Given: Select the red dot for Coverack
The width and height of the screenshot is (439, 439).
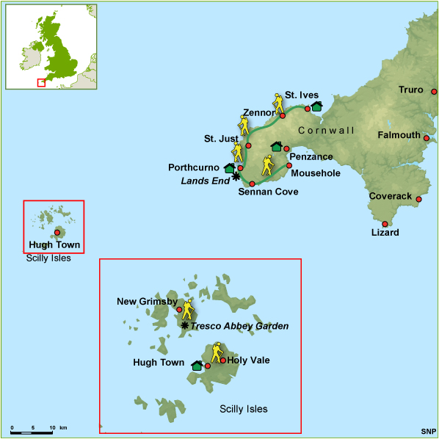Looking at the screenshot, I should pyautogui.click(x=419, y=199).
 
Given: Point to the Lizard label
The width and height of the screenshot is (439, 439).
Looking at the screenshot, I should pyautogui.click(x=385, y=233).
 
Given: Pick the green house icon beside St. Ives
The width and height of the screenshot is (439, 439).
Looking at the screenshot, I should pyautogui.click(x=316, y=107).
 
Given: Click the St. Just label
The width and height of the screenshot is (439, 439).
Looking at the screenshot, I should pyautogui.click(x=219, y=139).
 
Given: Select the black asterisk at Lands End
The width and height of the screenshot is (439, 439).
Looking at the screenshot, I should pyautogui.click(x=236, y=176).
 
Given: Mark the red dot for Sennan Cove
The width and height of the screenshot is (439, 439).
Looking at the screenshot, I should pyautogui.click(x=252, y=184).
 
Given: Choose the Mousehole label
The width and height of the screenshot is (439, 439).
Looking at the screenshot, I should pyautogui.click(x=316, y=173).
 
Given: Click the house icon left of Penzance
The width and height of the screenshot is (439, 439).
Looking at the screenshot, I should pyautogui.click(x=276, y=147).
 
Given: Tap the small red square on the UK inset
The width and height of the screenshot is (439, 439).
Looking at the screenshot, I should pyautogui.click(x=41, y=82).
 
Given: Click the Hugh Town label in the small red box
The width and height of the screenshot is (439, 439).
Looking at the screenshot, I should pyautogui.click(x=54, y=245).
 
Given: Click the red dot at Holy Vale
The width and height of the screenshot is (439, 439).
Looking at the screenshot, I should pyautogui.click(x=222, y=360).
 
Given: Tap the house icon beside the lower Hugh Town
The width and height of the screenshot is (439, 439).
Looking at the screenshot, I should pyautogui.click(x=197, y=365).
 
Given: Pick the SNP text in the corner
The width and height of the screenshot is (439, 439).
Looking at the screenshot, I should pyautogui.click(x=428, y=431).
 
